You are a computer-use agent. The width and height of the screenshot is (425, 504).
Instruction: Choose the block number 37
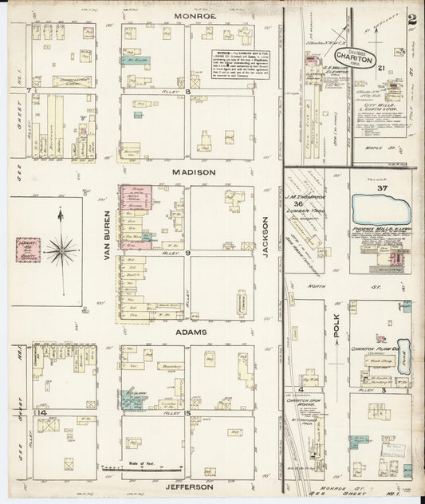(382, 187)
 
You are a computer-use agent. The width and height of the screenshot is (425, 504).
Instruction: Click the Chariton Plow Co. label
(371, 348)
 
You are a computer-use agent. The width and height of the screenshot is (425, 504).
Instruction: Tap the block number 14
(30, 411)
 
